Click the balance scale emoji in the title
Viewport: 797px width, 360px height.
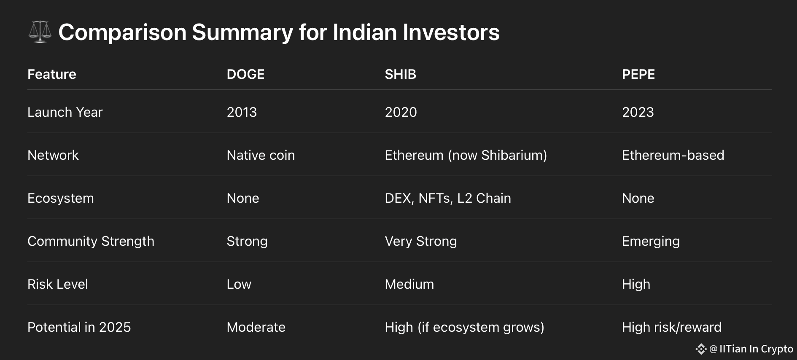click(40, 32)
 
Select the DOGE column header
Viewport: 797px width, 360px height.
click(245, 74)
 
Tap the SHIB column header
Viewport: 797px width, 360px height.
click(400, 74)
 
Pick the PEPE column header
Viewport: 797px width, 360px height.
click(638, 74)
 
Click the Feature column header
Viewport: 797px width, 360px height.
click(52, 74)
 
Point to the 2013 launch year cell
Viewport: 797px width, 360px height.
click(242, 112)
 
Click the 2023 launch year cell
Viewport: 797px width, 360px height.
click(638, 112)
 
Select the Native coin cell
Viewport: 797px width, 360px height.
click(261, 155)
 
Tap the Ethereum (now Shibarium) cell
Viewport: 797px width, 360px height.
click(466, 155)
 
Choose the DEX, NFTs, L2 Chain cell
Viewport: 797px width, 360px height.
click(448, 198)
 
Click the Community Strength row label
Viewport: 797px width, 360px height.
click(91, 241)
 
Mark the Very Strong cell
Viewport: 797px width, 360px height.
click(421, 241)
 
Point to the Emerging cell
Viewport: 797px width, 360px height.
click(651, 241)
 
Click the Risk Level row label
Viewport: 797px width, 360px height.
click(58, 284)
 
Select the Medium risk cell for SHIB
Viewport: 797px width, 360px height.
click(409, 284)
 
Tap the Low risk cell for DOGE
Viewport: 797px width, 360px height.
click(239, 284)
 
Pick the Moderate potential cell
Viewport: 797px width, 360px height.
click(256, 327)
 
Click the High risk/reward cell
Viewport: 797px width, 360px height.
click(672, 327)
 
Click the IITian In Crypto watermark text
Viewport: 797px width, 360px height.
click(756, 349)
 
